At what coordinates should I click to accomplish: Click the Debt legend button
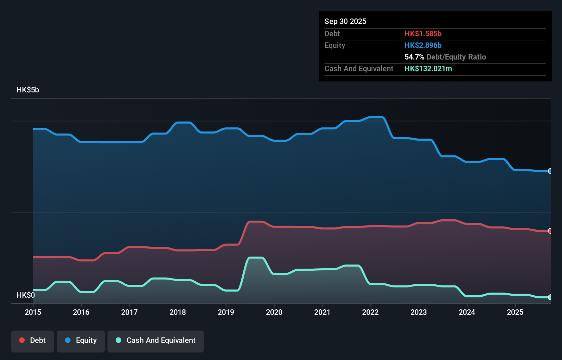coord(32,341)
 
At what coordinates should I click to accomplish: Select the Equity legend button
coord(81,341)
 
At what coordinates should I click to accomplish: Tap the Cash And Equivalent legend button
coord(156,341)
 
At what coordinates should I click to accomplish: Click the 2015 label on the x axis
coord(33,312)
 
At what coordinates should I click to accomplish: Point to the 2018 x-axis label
coord(178,312)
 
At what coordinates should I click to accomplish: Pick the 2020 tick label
coord(274,312)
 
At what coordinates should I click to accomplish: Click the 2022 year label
coord(370,312)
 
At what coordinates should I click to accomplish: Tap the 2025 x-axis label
coord(515,312)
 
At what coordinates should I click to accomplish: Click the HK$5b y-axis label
coord(28,90)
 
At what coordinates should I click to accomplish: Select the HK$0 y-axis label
coord(26,295)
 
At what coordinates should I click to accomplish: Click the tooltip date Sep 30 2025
coord(345,21)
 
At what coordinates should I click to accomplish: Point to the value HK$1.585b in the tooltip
coord(423,34)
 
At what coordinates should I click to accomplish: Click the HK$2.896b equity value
coord(423,45)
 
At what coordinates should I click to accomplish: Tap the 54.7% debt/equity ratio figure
coord(414,57)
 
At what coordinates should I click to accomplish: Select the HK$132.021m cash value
coord(428,68)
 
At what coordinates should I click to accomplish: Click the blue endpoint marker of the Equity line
coord(550,171)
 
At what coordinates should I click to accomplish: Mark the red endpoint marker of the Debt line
coord(550,231)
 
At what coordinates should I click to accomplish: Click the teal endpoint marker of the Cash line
coord(550,297)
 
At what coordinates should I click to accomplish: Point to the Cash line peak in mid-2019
coord(256,258)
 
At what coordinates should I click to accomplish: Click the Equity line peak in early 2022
coord(376,117)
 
